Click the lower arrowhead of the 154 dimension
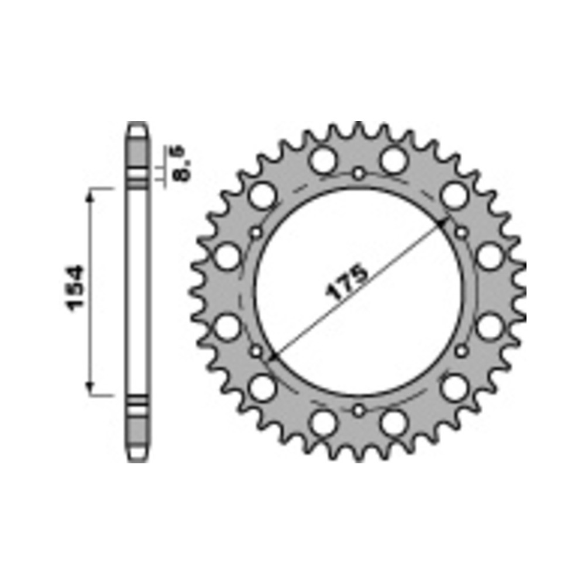(90, 387)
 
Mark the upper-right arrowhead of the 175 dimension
(443, 223)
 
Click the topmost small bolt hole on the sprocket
(358, 174)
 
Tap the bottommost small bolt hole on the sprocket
(358, 411)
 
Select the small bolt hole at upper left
(256, 233)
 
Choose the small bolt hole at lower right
(461, 351)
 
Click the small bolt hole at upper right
(461, 233)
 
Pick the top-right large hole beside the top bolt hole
(393, 159)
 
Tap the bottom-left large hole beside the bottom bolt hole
(324, 424)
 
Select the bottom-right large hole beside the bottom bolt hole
(393, 424)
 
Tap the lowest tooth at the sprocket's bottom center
(358, 456)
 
